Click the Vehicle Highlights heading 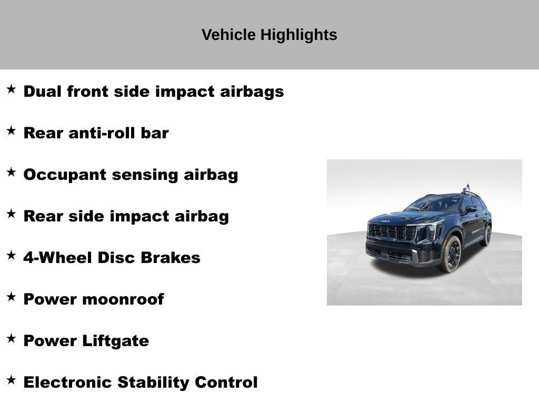click(269, 35)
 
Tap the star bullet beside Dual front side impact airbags click(11, 89)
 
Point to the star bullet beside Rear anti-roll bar click(11, 130)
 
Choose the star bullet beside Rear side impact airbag click(11, 214)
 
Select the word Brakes click(175, 258)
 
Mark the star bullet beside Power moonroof click(11, 297)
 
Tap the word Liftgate click(115, 341)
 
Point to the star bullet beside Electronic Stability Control click(11, 380)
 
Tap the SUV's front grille click(392, 232)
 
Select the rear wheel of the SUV click(487, 235)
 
